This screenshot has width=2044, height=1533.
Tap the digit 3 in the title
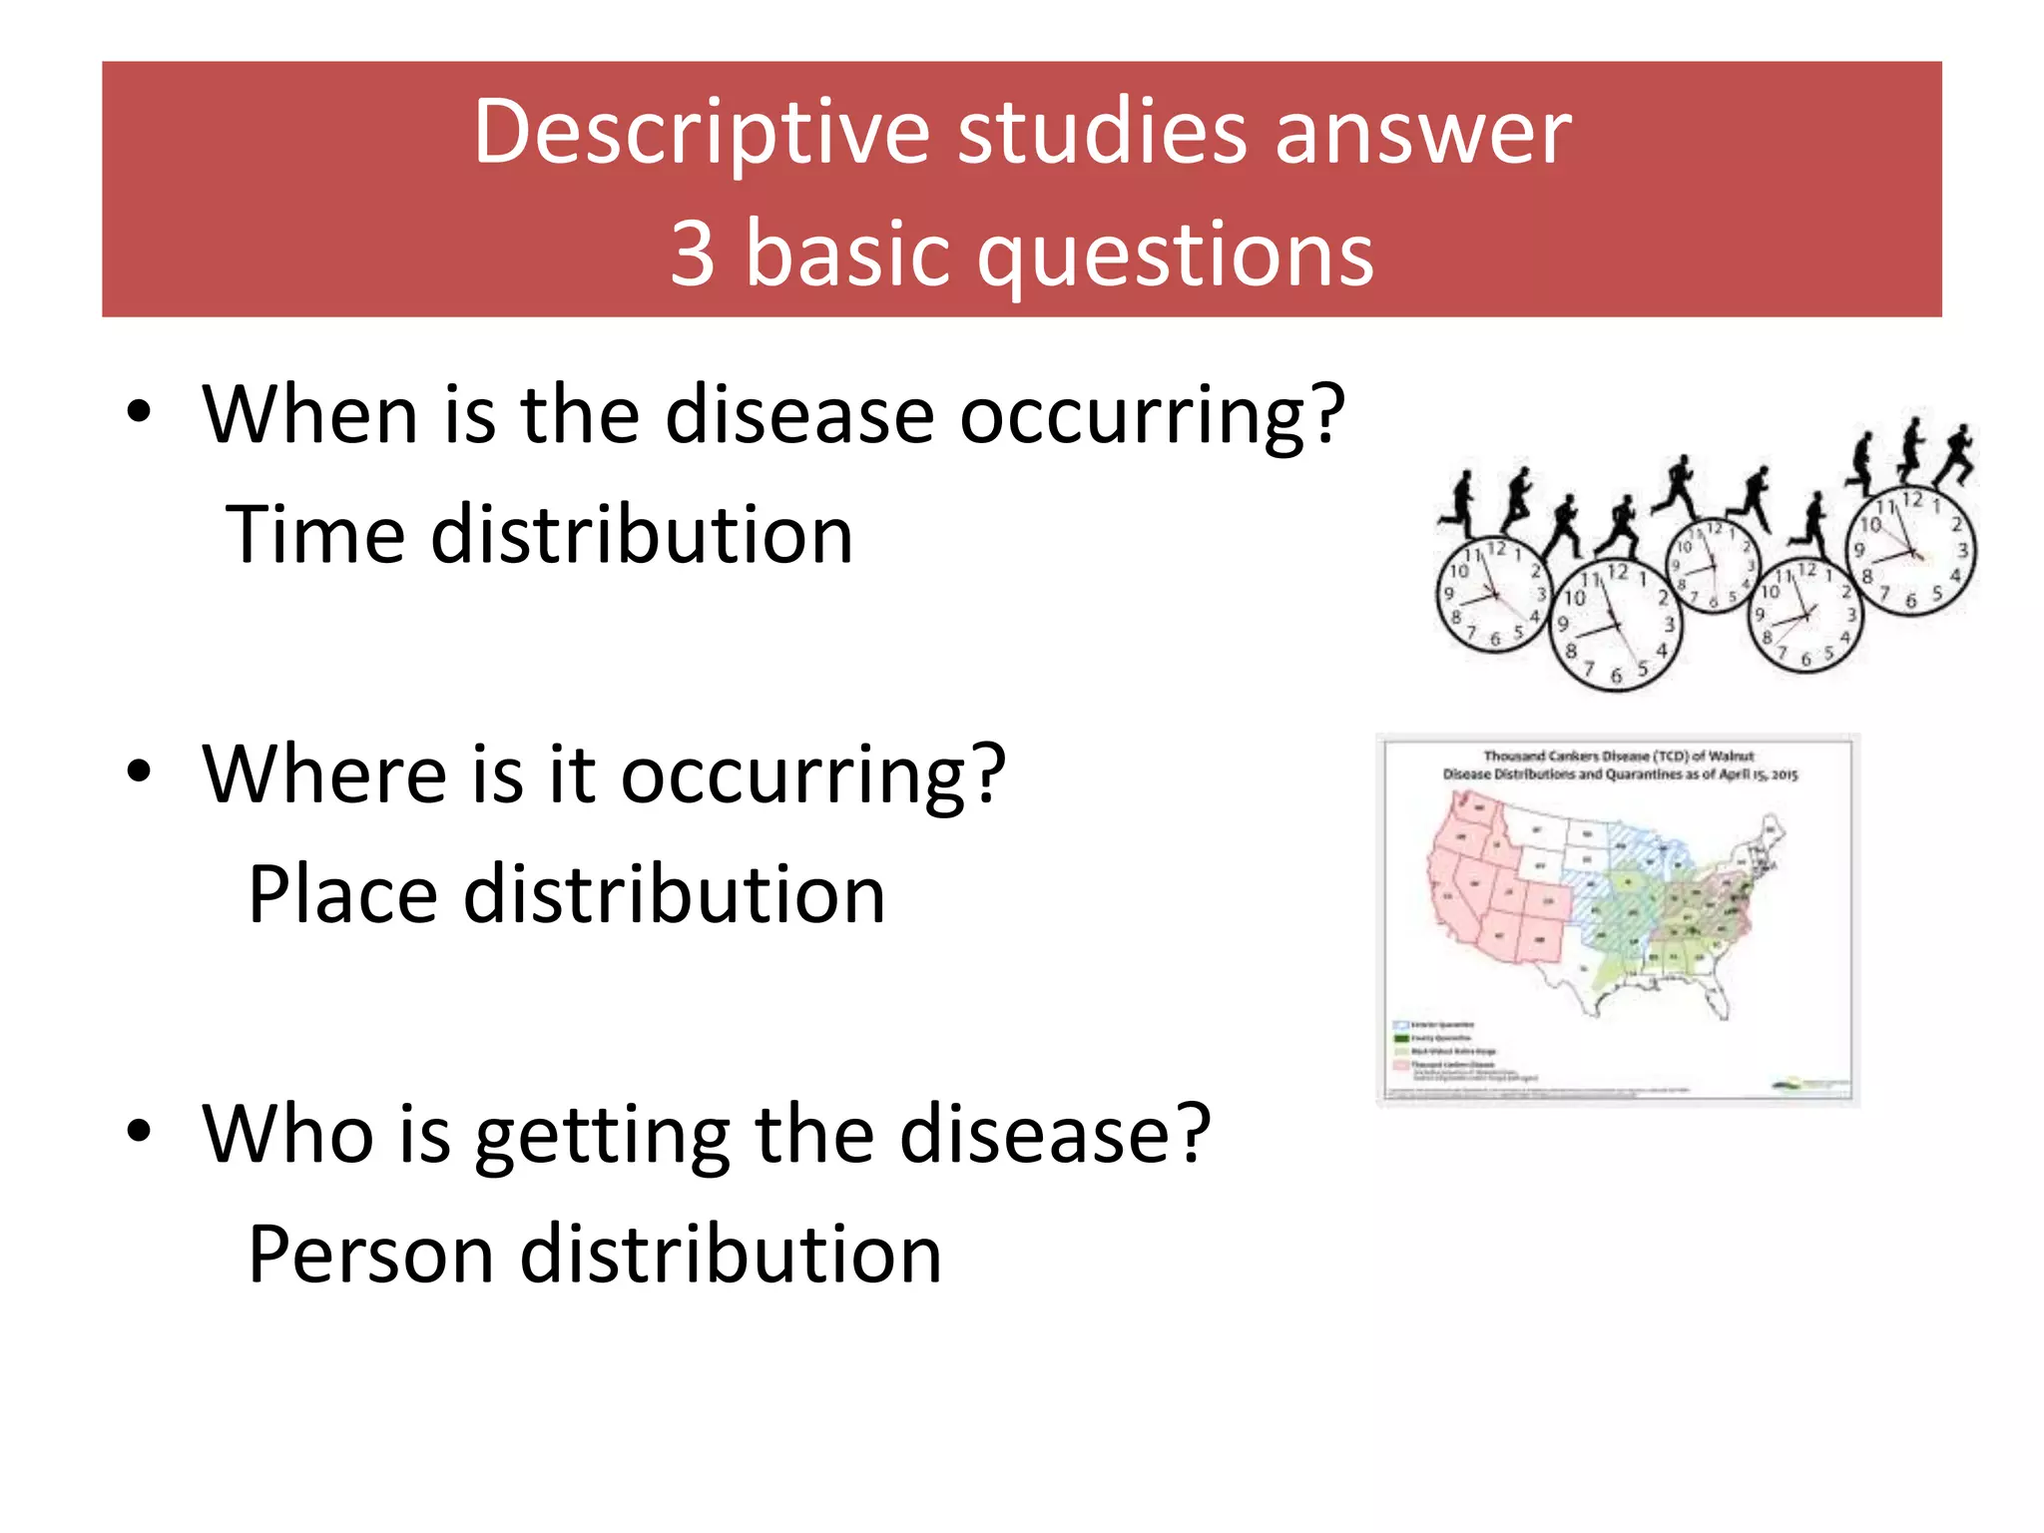[x=693, y=255]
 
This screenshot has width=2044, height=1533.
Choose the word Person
[x=370, y=1255]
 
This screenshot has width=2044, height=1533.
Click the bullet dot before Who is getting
[x=140, y=1131]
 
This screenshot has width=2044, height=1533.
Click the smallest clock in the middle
[x=1714, y=566]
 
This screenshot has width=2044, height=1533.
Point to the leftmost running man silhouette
[x=1460, y=505]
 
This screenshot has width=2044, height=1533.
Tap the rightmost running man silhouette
[x=1956, y=454]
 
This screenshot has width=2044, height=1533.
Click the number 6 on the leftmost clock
[x=1495, y=640]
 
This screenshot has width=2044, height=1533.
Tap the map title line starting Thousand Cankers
[x=1618, y=756]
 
